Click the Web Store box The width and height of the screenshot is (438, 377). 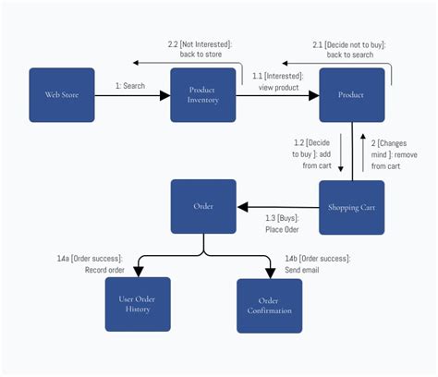point(61,95)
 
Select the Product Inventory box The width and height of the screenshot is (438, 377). point(203,95)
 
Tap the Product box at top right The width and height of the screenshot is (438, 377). point(351,95)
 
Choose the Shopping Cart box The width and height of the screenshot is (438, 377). point(351,207)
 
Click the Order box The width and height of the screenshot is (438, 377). point(203,207)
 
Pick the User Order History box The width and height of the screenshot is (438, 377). point(138,304)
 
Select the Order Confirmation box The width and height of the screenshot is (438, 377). point(269,306)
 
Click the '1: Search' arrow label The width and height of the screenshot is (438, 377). point(130,85)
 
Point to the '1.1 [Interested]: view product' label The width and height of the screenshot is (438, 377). point(277,80)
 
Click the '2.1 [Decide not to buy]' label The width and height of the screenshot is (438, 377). point(348,49)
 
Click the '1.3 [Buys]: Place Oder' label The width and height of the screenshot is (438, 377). point(283,225)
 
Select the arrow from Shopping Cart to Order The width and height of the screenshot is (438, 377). point(277,207)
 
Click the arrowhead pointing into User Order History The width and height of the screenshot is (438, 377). point(138,272)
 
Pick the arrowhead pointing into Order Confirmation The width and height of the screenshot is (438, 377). point(270,273)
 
